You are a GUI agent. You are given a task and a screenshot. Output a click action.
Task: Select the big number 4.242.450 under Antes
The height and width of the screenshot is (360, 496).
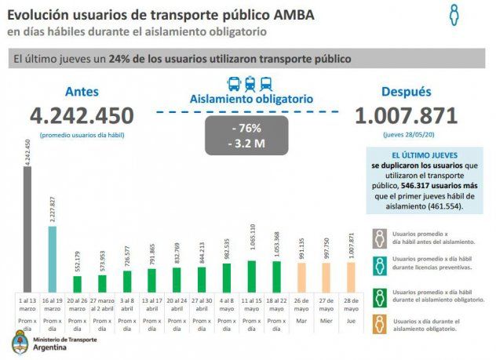[82, 116]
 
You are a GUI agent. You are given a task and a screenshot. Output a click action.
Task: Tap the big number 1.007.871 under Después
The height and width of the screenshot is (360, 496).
[406, 116]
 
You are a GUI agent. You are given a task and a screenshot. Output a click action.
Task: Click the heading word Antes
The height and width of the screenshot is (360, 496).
[82, 92]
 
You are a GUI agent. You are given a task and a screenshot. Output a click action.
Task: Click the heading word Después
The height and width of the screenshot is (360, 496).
[407, 92]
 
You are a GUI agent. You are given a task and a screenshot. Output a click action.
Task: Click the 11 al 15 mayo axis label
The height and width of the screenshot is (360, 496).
[252, 304]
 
